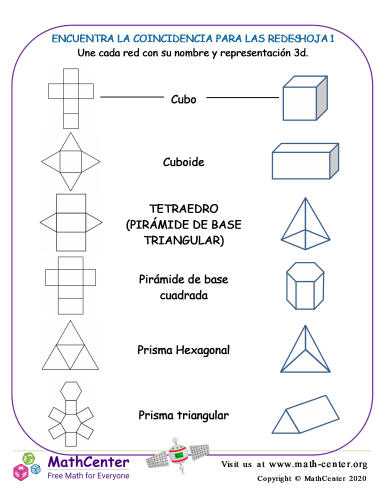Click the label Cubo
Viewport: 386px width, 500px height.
[183, 100]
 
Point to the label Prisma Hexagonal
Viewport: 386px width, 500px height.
[183, 350]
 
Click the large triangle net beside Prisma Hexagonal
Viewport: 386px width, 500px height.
[69, 348]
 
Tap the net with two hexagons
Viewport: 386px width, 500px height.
[69, 411]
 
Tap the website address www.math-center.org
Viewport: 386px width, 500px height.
[320, 465]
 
